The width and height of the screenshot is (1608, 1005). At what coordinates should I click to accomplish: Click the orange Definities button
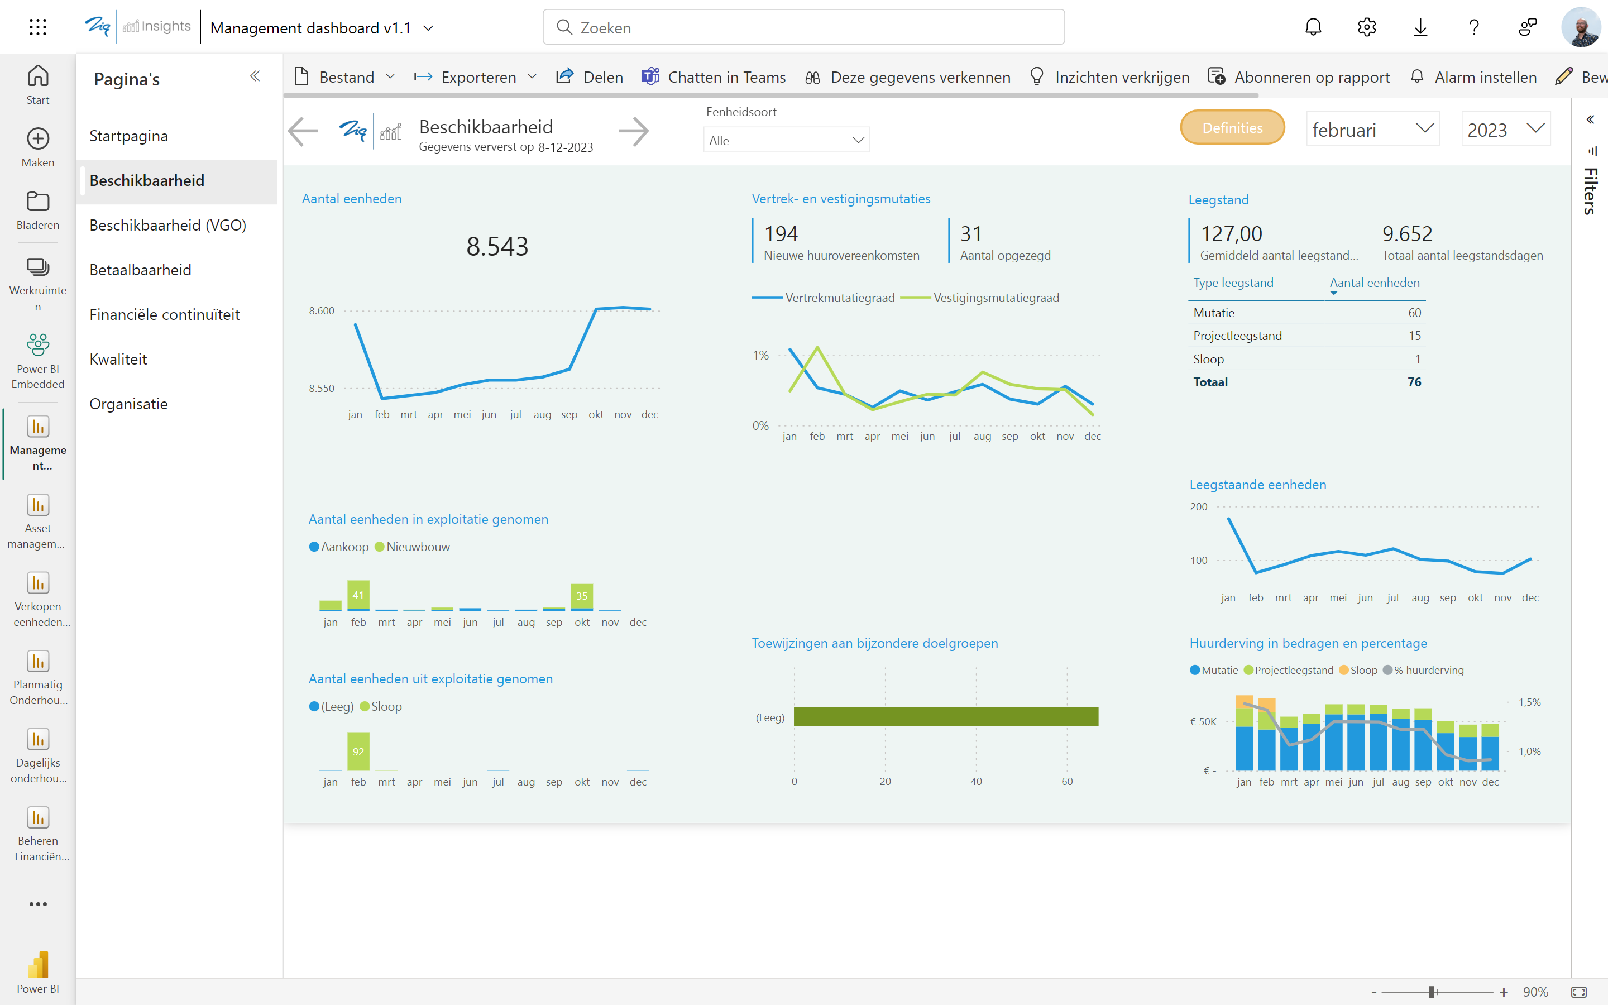coord(1232,128)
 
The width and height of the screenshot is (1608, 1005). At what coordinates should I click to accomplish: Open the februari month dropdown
coord(1372,129)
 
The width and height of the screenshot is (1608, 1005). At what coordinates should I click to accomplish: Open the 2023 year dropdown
coord(1505,129)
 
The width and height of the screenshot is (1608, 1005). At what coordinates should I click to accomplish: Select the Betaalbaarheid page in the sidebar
coord(140,270)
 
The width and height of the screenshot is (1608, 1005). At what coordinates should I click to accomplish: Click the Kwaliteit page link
coord(118,359)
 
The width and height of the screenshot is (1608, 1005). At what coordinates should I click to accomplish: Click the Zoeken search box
coord(803,27)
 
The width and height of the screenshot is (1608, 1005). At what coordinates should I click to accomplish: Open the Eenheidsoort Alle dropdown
coord(786,140)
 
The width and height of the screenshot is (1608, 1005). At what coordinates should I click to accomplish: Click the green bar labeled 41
coord(358,594)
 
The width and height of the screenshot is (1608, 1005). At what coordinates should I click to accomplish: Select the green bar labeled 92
coord(358,751)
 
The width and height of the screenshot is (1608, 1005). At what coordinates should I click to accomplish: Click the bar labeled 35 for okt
coord(581,596)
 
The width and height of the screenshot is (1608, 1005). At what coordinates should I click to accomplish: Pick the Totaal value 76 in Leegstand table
coord(1414,382)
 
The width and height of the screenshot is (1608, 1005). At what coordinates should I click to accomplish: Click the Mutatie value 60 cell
coord(1414,313)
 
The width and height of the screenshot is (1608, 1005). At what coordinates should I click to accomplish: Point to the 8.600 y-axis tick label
coord(322,310)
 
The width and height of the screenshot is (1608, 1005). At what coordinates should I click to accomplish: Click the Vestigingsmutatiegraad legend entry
coord(995,298)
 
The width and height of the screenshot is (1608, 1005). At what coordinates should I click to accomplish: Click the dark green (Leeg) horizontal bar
coord(945,716)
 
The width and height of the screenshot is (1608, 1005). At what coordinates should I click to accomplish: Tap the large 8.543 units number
coord(497,247)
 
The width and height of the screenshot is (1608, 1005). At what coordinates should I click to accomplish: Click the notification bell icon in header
coord(1313,27)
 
